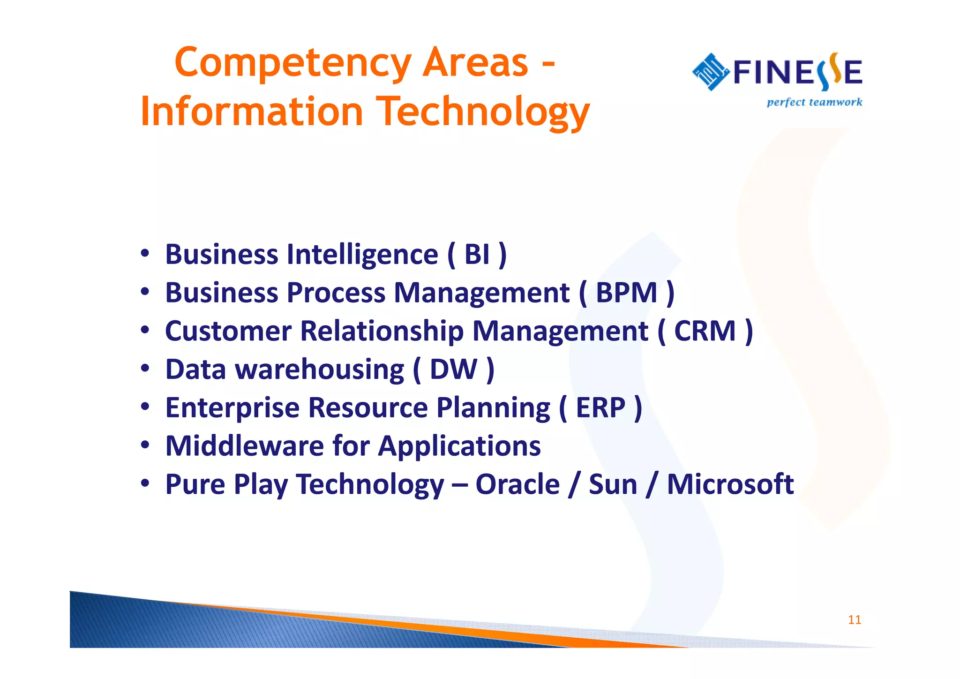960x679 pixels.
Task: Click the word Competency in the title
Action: pos(293,64)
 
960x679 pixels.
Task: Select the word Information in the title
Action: pos(252,112)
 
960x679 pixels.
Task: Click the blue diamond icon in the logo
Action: pos(711,72)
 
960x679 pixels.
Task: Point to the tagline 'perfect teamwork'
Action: pos(814,102)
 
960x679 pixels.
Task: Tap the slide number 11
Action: pos(854,620)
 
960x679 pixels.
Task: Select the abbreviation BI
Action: pos(477,255)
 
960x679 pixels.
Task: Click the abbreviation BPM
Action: pos(626,293)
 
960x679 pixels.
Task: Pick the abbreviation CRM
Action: pos(705,331)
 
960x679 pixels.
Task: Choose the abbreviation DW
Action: pos(453,370)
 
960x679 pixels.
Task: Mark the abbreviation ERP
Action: pos(600,407)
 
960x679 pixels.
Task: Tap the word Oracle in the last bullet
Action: pos(517,484)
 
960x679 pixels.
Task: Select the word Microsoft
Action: pos(730,484)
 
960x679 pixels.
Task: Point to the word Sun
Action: pos(613,484)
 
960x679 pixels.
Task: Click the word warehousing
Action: pos(319,370)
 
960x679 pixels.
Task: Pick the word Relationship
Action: pos(382,331)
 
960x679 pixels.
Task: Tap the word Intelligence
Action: pos(362,255)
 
